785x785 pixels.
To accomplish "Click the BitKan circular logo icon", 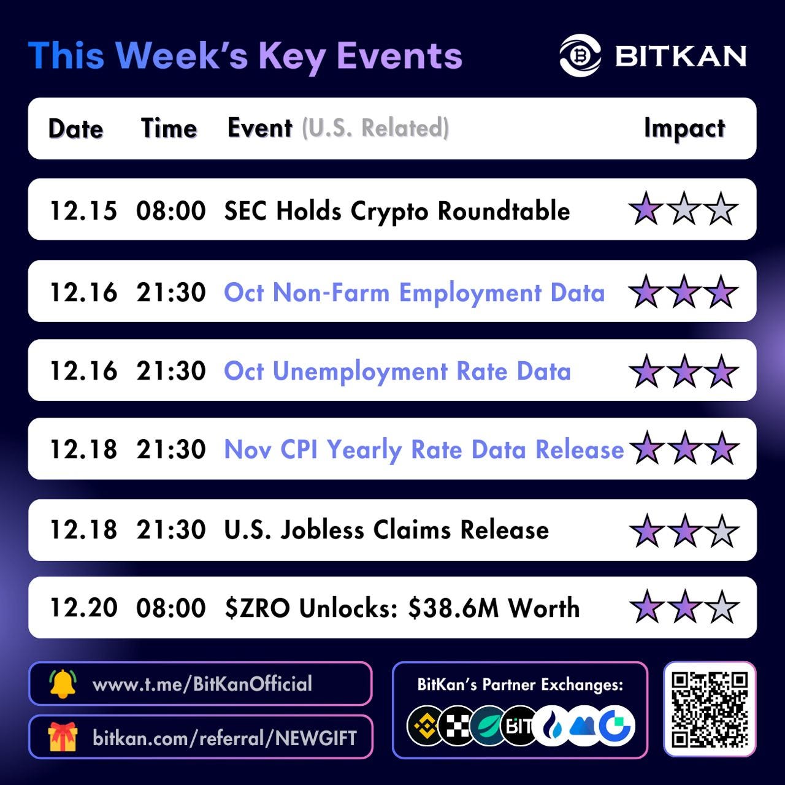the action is click(x=580, y=56).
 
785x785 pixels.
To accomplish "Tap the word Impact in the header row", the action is click(x=684, y=129).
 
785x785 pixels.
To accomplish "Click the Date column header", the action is click(x=76, y=129).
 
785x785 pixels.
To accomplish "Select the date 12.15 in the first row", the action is click(x=83, y=211).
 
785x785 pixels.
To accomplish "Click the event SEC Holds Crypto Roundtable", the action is click(x=397, y=212).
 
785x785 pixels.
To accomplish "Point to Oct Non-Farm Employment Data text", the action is click(x=415, y=293).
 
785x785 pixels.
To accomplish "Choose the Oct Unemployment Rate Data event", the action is click(x=397, y=372).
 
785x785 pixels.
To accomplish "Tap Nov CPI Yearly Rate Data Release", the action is click(x=424, y=450).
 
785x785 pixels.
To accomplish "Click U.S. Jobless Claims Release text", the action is click(x=386, y=530).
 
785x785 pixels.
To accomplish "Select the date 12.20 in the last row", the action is click(x=83, y=608).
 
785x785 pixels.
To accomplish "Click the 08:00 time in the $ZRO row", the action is click(x=171, y=608).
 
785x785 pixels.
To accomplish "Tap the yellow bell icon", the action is click(x=63, y=683).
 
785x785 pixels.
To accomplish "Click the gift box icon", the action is click(x=63, y=737).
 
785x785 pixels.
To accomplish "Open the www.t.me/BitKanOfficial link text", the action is click(x=202, y=684).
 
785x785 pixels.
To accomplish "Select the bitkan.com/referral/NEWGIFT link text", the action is click(x=224, y=738).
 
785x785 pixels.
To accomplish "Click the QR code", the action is click(x=710, y=709).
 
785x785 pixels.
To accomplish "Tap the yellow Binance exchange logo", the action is click(x=426, y=726).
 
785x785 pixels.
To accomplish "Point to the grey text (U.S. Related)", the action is click(x=375, y=128).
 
